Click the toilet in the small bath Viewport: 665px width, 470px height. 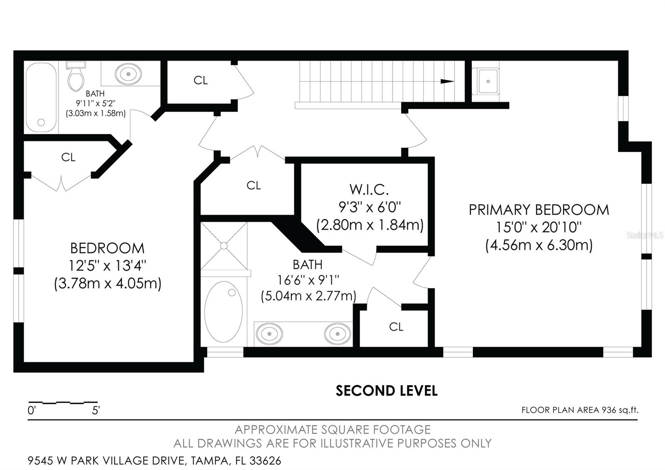point(76,76)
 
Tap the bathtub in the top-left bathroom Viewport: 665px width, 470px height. point(41,97)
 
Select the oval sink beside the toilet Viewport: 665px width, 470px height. point(128,74)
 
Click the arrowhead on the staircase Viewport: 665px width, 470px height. point(447,82)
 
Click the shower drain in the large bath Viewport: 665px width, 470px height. point(224,246)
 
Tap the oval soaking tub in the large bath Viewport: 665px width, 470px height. point(223,312)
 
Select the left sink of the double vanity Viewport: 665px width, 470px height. point(270,334)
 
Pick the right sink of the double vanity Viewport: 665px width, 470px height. point(337,334)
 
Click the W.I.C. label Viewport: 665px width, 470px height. point(369,190)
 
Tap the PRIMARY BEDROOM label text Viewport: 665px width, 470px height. point(539,210)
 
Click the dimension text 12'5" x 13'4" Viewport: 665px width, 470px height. point(108,266)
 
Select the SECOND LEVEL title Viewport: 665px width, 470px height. point(387,391)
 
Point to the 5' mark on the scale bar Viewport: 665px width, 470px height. point(96,410)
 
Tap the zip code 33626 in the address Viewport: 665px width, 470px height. point(265,461)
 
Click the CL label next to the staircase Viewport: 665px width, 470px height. point(200,80)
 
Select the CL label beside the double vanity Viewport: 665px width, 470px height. point(396,327)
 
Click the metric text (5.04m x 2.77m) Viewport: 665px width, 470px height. point(308,296)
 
